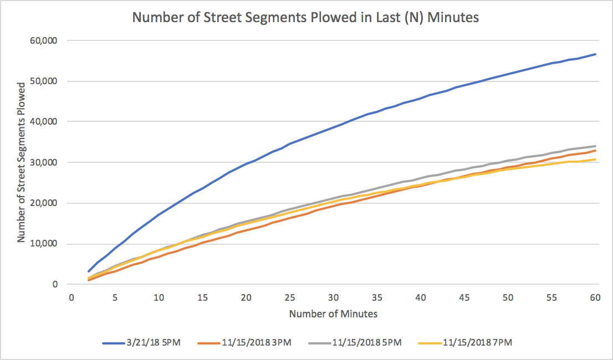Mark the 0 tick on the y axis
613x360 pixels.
click(x=55, y=284)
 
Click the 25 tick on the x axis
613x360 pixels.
click(x=290, y=297)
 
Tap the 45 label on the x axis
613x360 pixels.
click(x=464, y=297)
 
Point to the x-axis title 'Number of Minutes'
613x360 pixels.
click(x=333, y=314)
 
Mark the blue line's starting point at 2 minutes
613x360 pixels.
click(x=89, y=271)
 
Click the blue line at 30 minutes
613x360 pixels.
click(x=334, y=128)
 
